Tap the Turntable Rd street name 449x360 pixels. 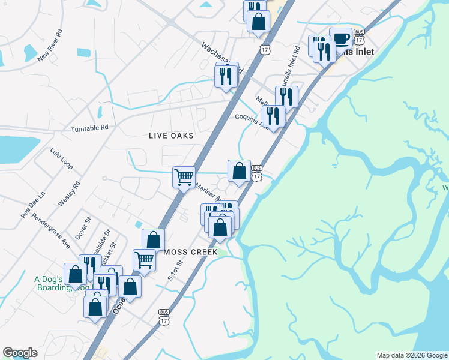click(x=89, y=128)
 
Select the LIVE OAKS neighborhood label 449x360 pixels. click(x=171, y=136)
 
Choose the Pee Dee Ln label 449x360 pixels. click(x=33, y=205)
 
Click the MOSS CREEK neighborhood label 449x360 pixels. click(x=190, y=253)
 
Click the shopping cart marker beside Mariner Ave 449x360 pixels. click(x=184, y=176)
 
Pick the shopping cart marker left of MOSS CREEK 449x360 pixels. click(x=144, y=259)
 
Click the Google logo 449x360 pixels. click(x=20, y=353)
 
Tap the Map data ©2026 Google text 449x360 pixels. click(x=411, y=355)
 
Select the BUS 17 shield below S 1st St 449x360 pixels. click(x=164, y=317)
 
